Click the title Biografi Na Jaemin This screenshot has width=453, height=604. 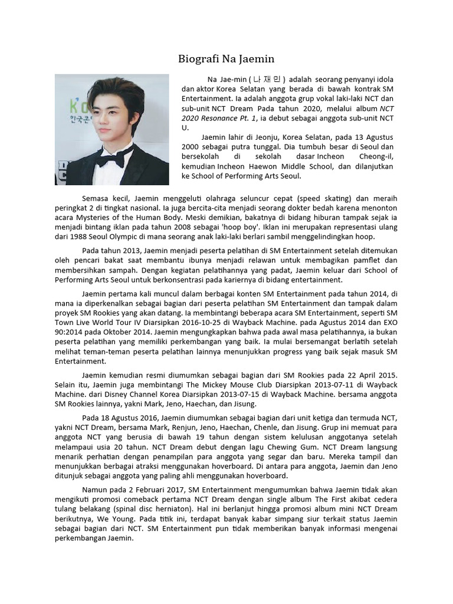(x=226, y=59)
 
